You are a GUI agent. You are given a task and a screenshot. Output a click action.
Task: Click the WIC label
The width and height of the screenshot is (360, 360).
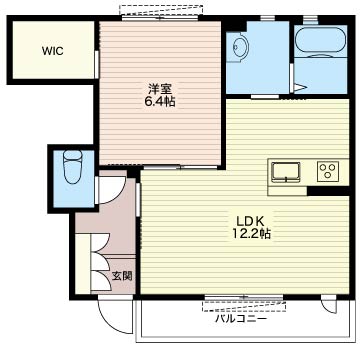[x=53, y=52]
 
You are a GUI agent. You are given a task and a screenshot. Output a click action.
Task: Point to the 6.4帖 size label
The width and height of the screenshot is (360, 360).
[x=159, y=101]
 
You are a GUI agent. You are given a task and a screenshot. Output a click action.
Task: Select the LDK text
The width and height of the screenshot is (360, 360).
[x=250, y=221]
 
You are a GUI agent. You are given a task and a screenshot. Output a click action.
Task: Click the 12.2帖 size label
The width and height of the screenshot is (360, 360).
[x=251, y=234]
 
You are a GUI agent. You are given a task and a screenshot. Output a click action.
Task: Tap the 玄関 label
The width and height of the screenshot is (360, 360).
[x=122, y=276]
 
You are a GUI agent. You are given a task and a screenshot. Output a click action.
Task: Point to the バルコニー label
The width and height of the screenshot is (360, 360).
[x=241, y=319]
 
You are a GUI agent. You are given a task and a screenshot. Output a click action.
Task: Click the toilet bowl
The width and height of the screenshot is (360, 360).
[x=73, y=166]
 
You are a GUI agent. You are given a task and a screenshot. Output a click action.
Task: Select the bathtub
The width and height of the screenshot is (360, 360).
[x=321, y=40]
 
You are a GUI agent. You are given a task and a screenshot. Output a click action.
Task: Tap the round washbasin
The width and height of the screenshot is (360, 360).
[x=240, y=46]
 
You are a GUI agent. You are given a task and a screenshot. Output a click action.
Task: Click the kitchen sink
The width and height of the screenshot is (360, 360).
[x=286, y=172]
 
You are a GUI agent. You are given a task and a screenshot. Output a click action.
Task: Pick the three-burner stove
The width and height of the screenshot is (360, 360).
[x=328, y=171]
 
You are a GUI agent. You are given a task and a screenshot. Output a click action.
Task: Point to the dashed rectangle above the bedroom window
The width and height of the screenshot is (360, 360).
[x=161, y=10]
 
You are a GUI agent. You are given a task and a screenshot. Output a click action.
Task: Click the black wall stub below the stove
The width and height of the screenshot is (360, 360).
[x=328, y=191]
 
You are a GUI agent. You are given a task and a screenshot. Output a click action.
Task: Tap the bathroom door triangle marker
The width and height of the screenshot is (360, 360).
[x=300, y=87]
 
